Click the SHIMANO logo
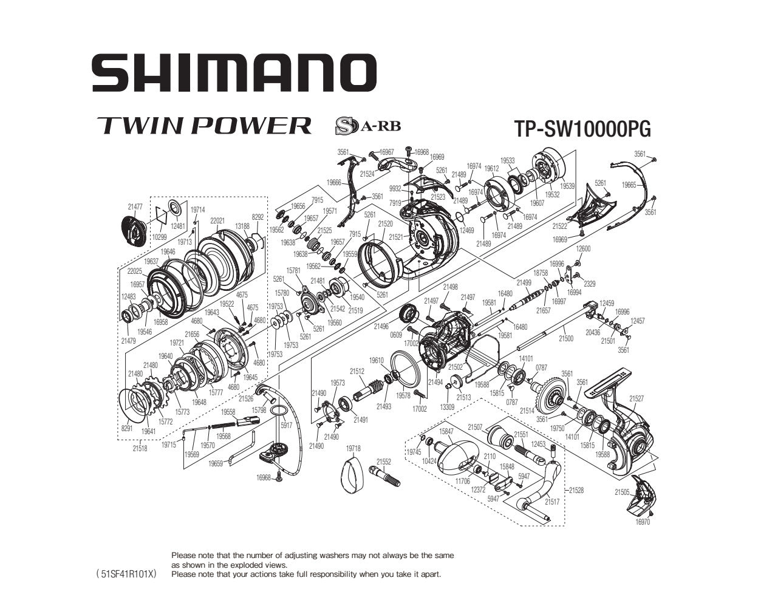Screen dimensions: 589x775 (234, 72)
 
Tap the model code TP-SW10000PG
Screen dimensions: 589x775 (582, 129)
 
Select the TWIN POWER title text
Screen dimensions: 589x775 (204, 125)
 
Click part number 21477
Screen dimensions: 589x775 (135, 207)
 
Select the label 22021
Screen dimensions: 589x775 (217, 220)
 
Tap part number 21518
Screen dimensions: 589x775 (140, 449)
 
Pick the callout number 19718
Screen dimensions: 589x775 (353, 448)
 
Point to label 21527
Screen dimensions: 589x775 (637, 399)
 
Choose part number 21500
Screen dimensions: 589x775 (565, 338)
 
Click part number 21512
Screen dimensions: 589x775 (357, 372)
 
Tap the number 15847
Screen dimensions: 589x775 (446, 431)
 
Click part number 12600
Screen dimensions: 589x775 (583, 249)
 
